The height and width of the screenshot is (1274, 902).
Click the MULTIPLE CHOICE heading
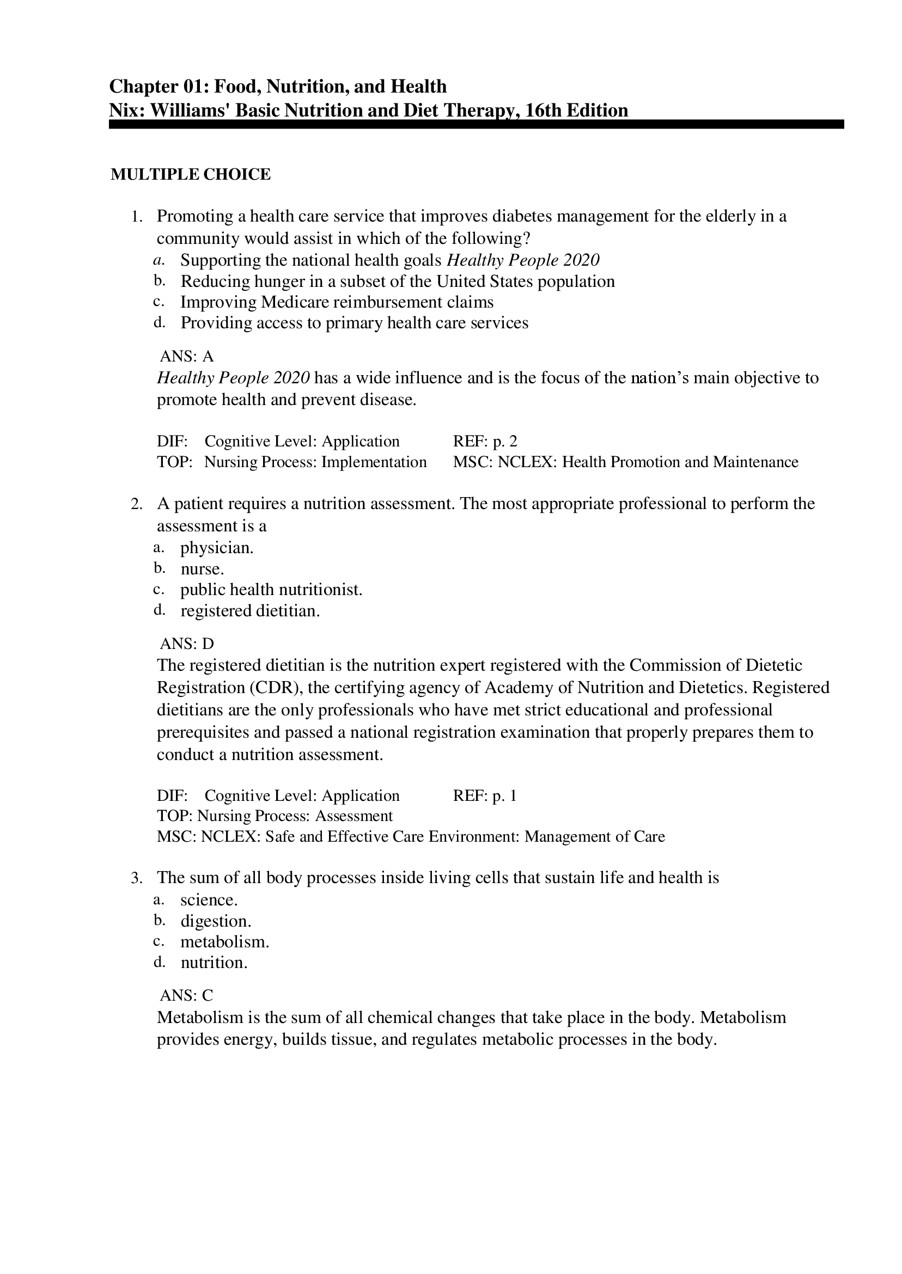click(191, 174)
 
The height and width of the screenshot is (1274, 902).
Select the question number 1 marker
click(137, 217)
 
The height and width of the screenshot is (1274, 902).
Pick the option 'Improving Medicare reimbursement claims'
click(337, 302)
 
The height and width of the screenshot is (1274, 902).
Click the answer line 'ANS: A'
click(187, 356)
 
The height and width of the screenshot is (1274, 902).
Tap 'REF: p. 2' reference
click(485, 442)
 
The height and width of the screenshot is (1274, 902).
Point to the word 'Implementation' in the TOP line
click(374, 462)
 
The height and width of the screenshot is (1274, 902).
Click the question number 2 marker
click(137, 504)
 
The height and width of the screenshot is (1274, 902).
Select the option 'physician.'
click(217, 548)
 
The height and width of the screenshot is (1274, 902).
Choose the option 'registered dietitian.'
click(250, 611)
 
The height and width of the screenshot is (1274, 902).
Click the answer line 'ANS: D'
click(187, 644)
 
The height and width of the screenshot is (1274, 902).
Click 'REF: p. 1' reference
click(485, 795)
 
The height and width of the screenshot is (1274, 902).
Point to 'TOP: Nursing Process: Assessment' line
click(275, 816)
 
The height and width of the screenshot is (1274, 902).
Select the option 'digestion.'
click(216, 921)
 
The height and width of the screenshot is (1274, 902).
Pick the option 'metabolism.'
click(224, 941)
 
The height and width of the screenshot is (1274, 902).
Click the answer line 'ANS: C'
click(187, 995)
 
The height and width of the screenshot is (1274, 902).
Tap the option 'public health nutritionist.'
click(271, 590)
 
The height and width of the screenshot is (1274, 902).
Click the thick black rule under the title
click(476, 124)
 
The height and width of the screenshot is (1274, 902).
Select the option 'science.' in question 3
click(209, 900)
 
